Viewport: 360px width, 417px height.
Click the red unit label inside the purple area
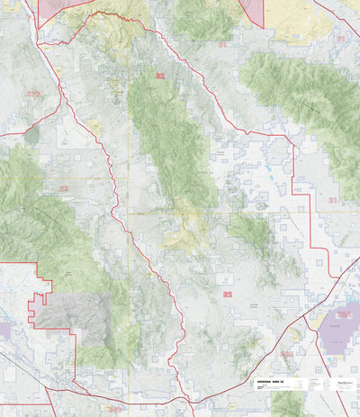344,314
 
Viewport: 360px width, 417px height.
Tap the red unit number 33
63,188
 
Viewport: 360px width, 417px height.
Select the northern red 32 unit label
160,77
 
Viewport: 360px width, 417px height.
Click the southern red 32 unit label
228,294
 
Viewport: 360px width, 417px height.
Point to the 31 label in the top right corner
340,39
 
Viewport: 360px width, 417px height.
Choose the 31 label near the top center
222,42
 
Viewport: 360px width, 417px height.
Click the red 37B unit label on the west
33,93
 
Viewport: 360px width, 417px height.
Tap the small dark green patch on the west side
33,136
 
